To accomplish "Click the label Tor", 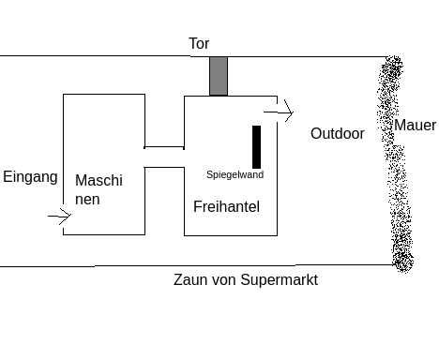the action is pyautogui.click(x=199, y=43).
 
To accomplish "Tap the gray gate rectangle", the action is pyautogui.click(x=219, y=76).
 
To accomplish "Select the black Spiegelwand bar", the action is pyautogui.click(x=256, y=147).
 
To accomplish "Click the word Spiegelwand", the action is pyautogui.click(x=235, y=174).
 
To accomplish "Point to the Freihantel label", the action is pyautogui.click(x=226, y=206).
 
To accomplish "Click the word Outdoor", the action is pyautogui.click(x=338, y=134).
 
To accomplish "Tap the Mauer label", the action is pyautogui.click(x=415, y=126).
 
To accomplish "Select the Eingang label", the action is pyautogui.click(x=30, y=177).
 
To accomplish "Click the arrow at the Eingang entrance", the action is pyautogui.click(x=60, y=216).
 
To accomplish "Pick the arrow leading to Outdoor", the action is pyautogui.click(x=279, y=112).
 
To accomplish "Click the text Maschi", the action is pyautogui.click(x=98, y=181).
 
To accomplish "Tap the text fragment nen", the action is pyautogui.click(x=87, y=200).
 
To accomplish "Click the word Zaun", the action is pyautogui.click(x=190, y=279).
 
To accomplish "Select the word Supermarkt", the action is pyautogui.click(x=280, y=280).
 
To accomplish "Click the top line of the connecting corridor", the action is pyautogui.click(x=164, y=146).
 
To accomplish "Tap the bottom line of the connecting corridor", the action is pyautogui.click(x=164, y=168).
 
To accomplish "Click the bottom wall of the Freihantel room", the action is pyautogui.click(x=231, y=235).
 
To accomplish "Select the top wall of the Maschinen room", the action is pyautogui.click(x=104, y=94).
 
